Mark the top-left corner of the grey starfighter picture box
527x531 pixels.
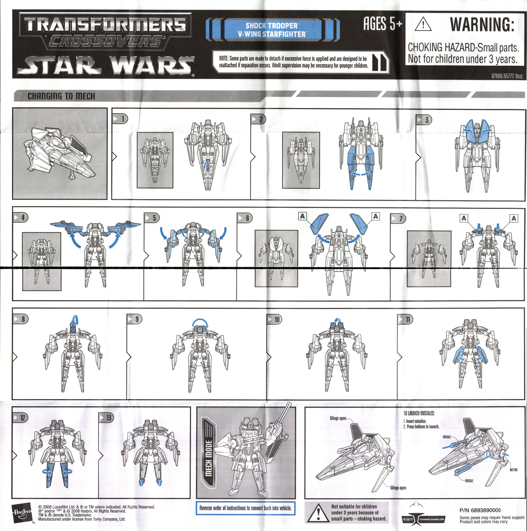click(13, 108)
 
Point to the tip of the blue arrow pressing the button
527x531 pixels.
click(503, 454)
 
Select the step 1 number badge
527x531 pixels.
click(120, 119)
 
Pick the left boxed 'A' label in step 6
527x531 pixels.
click(303, 216)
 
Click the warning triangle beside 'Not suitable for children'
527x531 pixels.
click(317, 513)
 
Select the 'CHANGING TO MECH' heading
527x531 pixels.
click(61, 96)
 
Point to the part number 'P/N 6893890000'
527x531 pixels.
click(480, 510)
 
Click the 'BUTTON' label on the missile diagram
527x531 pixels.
click(513, 470)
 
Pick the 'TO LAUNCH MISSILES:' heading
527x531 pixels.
click(419, 413)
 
